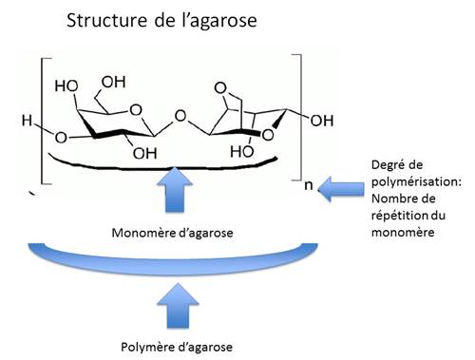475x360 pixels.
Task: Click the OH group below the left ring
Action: pyautogui.click(x=144, y=152)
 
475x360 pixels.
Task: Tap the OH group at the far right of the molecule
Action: pyautogui.click(x=321, y=121)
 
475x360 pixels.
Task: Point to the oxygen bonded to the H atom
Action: pyautogui.click(x=62, y=138)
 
